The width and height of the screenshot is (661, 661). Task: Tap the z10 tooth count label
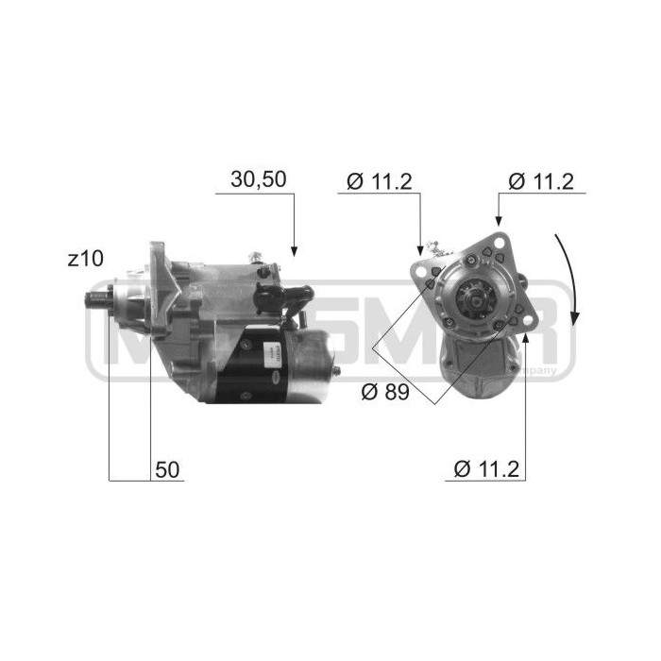click(86, 258)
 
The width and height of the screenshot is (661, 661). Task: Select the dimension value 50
click(168, 469)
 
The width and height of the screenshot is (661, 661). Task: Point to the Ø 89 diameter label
click(383, 391)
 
